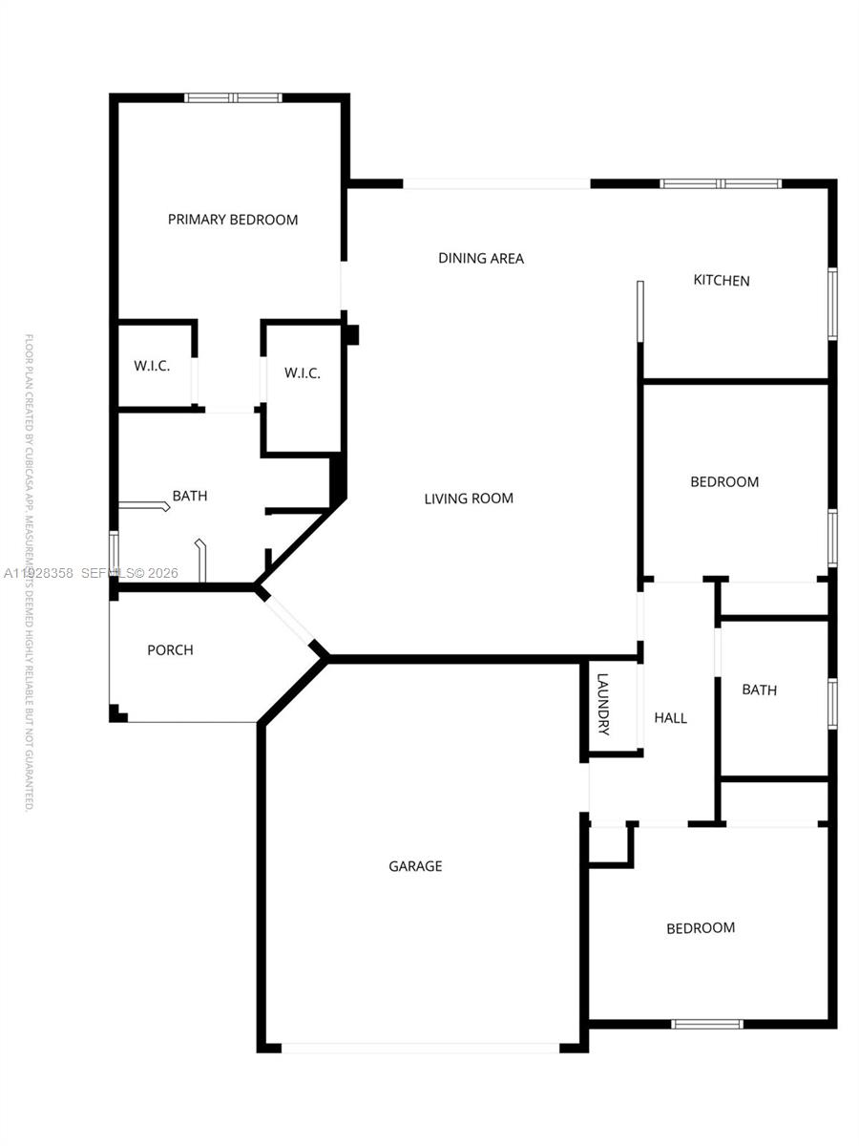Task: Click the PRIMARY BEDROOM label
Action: tap(233, 220)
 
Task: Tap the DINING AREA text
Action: tap(481, 258)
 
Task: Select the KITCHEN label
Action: tap(722, 281)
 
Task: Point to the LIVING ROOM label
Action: tap(469, 499)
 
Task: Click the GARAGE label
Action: tap(415, 867)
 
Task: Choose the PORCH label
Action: tap(170, 650)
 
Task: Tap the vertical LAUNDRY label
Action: tap(602, 705)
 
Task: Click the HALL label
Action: tap(670, 718)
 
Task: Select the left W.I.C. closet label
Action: tap(152, 367)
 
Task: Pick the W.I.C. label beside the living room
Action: tap(303, 373)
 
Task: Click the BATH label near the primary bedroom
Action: tap(190, 497)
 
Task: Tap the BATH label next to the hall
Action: tap(760, 690)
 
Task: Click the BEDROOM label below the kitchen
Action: tap(724, 482)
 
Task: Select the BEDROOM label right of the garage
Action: tap(701, 928)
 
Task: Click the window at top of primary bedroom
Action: tap(233, 97)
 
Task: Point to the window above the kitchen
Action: tap(722, 183)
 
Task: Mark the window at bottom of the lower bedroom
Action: tap(707, 1025)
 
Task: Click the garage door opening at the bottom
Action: tap(420, 1048)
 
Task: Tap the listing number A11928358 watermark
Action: tap(40, 573)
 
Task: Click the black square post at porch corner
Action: tap(117, 714)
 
